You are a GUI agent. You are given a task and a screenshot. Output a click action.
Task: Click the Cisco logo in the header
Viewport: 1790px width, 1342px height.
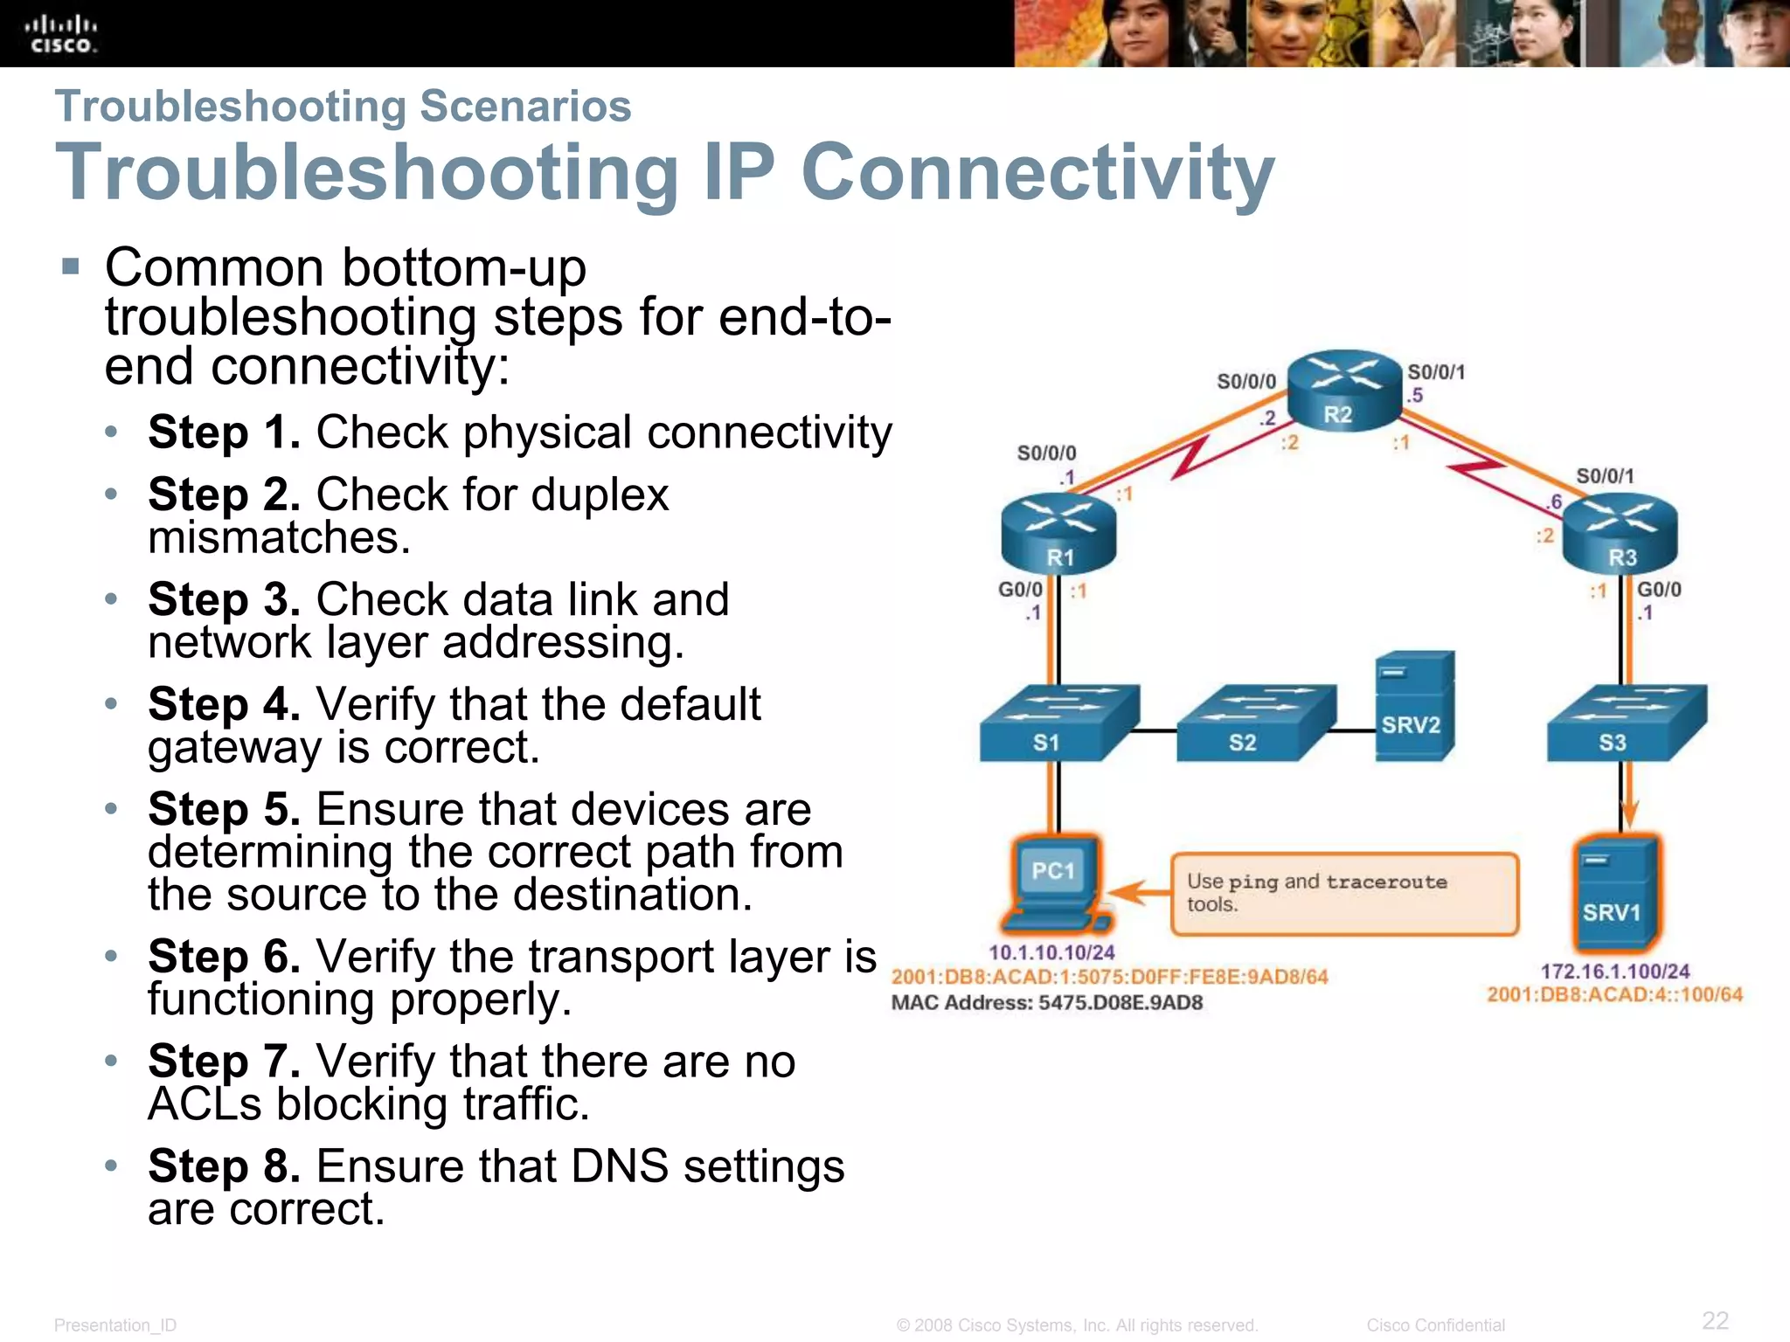point(60,34)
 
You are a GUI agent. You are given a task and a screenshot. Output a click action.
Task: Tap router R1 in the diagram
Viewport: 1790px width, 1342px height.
point(1058,531)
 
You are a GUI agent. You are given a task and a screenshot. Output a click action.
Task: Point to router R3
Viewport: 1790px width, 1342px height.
point(1620,531)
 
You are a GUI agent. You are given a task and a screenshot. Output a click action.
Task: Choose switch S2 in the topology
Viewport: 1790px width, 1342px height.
point(1254,723)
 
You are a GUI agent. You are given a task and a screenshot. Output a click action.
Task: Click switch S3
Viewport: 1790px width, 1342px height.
point(1625,723)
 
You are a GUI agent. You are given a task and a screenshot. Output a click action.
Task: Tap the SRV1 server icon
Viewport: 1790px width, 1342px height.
point(1616,893)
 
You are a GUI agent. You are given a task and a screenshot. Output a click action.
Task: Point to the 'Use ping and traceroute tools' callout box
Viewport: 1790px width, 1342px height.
point(1344,894)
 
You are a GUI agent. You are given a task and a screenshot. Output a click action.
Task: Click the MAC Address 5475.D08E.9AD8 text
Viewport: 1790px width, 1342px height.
point(1046,1002)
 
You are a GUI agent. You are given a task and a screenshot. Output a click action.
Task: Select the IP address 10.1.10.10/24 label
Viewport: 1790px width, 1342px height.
point(1051,952)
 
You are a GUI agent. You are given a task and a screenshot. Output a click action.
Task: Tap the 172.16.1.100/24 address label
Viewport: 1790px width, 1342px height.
point(1614,971)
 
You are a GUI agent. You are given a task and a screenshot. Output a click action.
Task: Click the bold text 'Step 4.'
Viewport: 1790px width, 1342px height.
point(224,704)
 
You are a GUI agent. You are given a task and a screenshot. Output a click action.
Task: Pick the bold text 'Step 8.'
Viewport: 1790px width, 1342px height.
point(224,1166)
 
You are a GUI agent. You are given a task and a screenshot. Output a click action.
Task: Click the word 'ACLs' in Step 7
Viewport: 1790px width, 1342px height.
point(205,1104)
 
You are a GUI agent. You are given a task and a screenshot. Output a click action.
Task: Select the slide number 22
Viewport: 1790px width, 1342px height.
point(1715,1319)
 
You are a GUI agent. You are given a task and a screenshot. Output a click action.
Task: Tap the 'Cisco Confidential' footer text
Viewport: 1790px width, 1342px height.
point(1435,1325)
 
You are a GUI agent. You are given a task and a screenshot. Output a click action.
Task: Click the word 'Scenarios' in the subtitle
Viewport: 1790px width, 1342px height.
point(525,107)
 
